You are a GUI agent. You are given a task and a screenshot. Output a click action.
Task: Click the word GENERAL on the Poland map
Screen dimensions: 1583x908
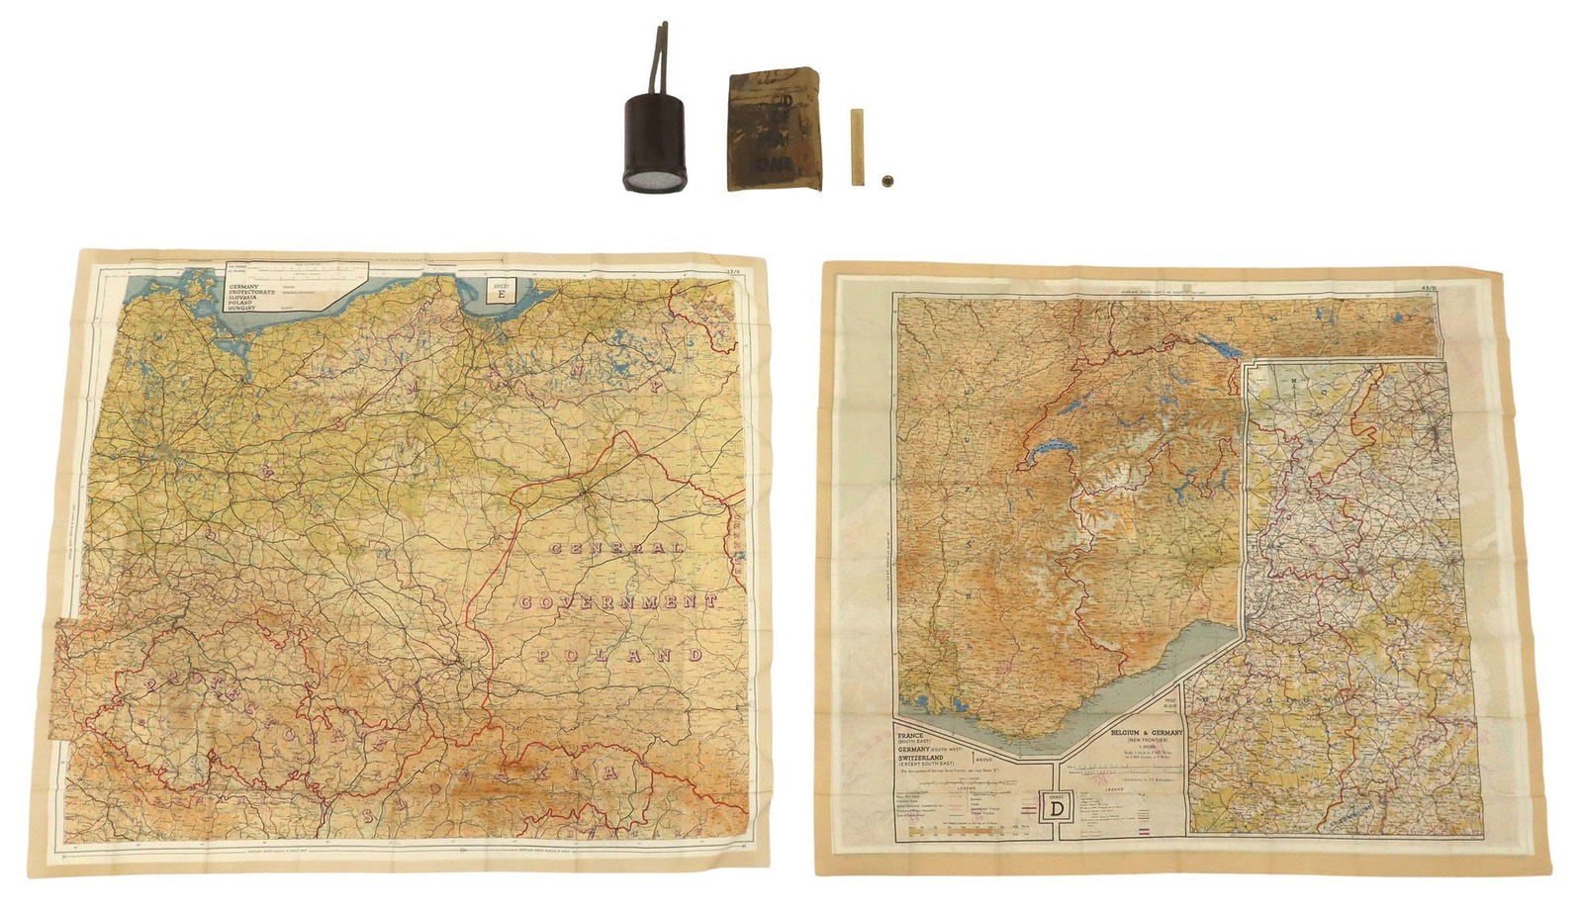click(x=616, y=548)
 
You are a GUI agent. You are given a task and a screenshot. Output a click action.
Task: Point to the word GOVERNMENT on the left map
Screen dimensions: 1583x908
click(x=614, y=601)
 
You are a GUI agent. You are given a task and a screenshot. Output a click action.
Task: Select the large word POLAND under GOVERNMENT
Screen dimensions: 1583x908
click(x=619, y=655)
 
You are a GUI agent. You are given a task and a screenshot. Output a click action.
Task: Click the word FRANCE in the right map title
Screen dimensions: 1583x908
click(x=917, y=737)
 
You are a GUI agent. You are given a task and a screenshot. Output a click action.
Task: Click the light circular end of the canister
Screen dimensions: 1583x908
click(x=649, y=181)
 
